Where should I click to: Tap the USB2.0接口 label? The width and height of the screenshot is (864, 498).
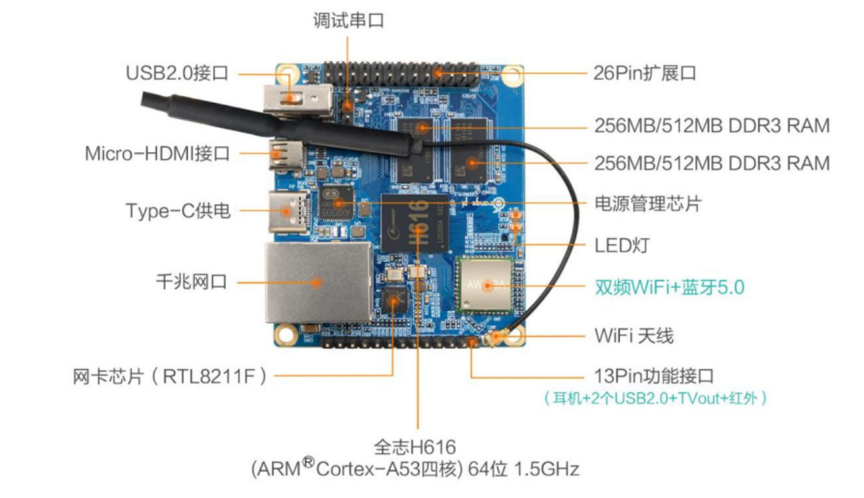point(177,73)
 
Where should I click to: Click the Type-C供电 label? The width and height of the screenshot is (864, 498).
point(178,210)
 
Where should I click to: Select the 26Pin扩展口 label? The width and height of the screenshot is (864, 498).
point(645,73)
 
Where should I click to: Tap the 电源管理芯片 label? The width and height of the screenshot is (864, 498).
point(648,204)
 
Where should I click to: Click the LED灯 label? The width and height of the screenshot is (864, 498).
point(622,246)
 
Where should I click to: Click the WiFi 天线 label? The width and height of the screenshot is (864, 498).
point(634,336)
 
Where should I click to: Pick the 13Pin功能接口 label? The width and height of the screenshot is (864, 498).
point(654,376)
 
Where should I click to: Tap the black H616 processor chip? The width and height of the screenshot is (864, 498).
point(414,219)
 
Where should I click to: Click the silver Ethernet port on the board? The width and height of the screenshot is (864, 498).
point(316,282)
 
